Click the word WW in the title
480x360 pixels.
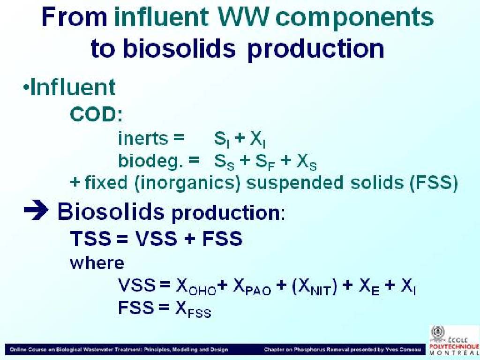(x=243, y=17)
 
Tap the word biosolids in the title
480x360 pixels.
(x=179, y=48)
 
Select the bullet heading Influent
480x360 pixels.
(x=73, y=87)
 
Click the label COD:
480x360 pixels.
(x=96, y=114)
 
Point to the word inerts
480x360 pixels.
(x=143, y=138)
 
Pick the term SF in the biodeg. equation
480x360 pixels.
(x=265, y=162)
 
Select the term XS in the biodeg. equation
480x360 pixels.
(x=307, y=162)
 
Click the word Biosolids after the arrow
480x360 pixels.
(x=111, y=211)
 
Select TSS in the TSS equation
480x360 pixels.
(x=90, y=239)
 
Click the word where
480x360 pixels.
(x=97, y=263)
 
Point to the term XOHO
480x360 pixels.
(x=196, y=286)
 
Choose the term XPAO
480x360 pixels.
(x=252, y=286)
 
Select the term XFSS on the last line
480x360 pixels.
(x=193, y=309)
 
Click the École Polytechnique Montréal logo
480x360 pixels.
(x=454, y=340)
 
